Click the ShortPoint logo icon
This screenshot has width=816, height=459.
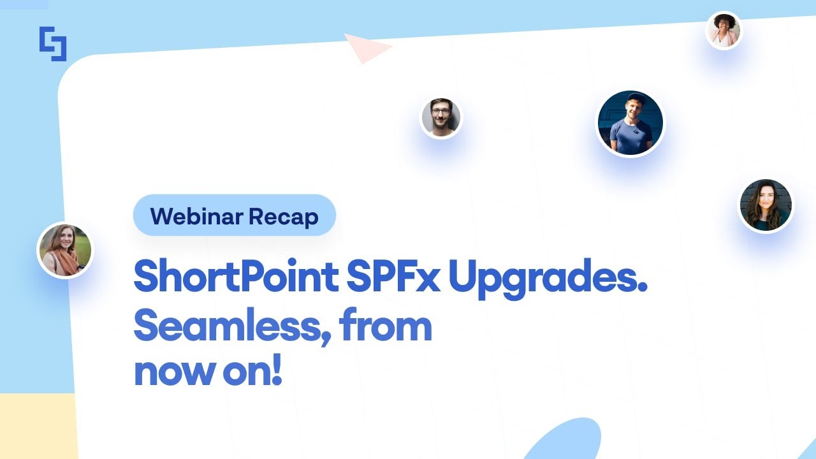[53, 43]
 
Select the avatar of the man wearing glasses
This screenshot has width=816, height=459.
[441, 118]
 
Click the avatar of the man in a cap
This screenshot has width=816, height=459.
[630, 124]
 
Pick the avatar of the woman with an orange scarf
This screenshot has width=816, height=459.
[65, 250]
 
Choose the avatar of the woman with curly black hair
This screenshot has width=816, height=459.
[724, 30]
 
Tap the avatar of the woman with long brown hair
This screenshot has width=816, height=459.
[766, 205]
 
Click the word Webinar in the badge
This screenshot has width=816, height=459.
[196, 217]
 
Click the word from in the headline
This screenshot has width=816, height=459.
[386, 326]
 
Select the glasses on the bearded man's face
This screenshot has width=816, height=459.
[441, 112]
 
